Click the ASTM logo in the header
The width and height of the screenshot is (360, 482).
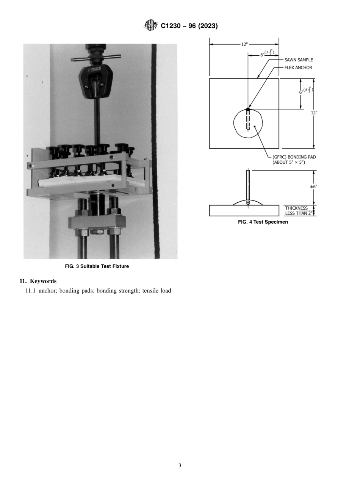pos(150,26)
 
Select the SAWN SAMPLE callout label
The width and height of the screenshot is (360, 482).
pos(299,60)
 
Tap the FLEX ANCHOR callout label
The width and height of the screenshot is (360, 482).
pos(298,68)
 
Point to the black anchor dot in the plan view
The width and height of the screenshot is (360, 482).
pos(248,109)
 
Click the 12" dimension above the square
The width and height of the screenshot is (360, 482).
pos(244,44)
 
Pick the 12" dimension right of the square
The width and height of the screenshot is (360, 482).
pos(314,113)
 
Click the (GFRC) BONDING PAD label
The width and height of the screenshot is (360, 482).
pos(294,156)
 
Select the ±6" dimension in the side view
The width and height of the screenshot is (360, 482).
pos(313,186)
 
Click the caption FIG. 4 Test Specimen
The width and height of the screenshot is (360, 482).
pos(263,222)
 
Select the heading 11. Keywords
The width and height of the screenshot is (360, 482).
pos(38,281)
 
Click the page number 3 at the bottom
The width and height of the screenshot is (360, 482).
pos(180,465)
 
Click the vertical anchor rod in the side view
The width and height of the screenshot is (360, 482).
pos(248,186)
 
